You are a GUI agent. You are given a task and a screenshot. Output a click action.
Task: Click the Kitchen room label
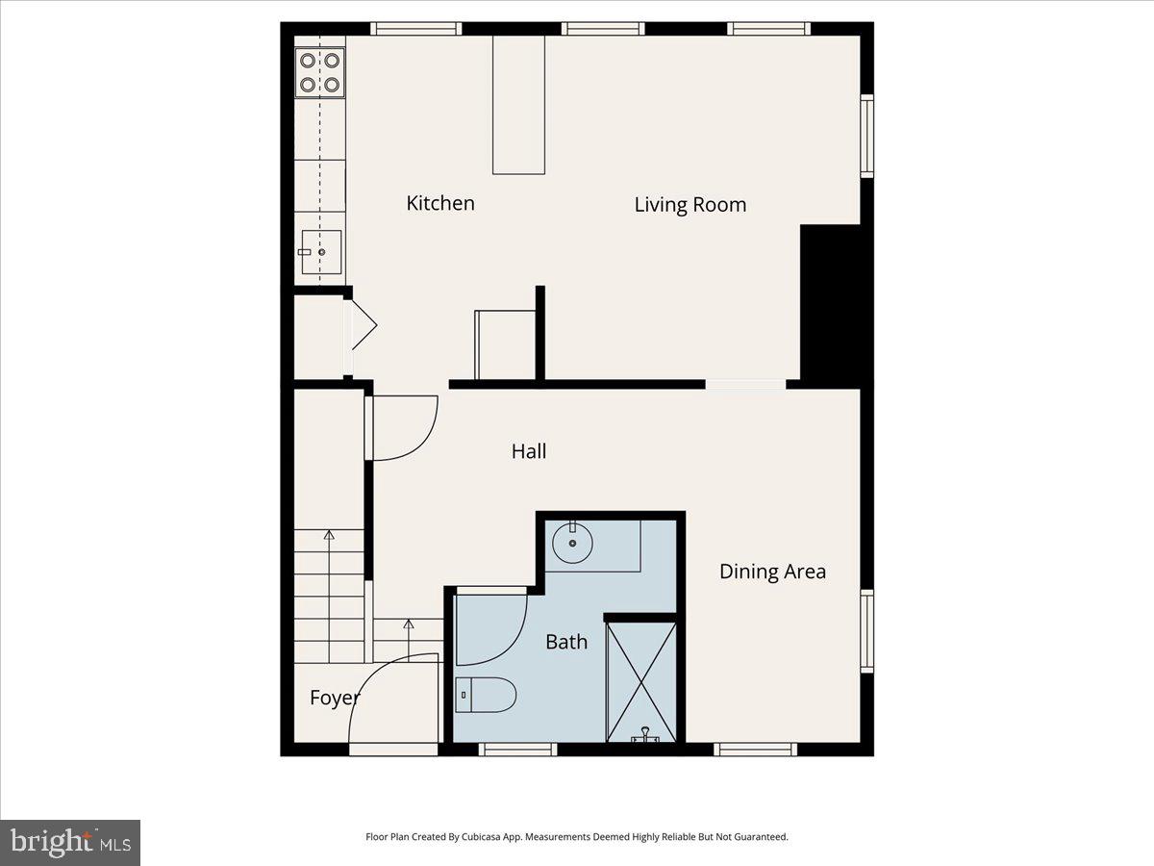440,203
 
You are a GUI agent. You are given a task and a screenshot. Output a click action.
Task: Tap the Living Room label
690,204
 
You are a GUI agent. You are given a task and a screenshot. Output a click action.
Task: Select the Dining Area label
772,572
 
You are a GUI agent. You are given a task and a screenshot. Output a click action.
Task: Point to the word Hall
529,450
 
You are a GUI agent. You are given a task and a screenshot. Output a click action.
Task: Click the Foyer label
334,698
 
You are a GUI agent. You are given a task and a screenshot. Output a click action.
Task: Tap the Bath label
566,641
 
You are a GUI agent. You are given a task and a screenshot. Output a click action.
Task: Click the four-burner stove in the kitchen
319,72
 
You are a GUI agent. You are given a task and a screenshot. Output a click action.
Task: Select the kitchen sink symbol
321,252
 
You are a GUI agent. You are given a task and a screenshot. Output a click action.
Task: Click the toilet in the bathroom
486,695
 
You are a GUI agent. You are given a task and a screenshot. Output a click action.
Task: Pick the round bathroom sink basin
573,545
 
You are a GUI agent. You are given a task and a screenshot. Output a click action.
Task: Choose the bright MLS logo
70,842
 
